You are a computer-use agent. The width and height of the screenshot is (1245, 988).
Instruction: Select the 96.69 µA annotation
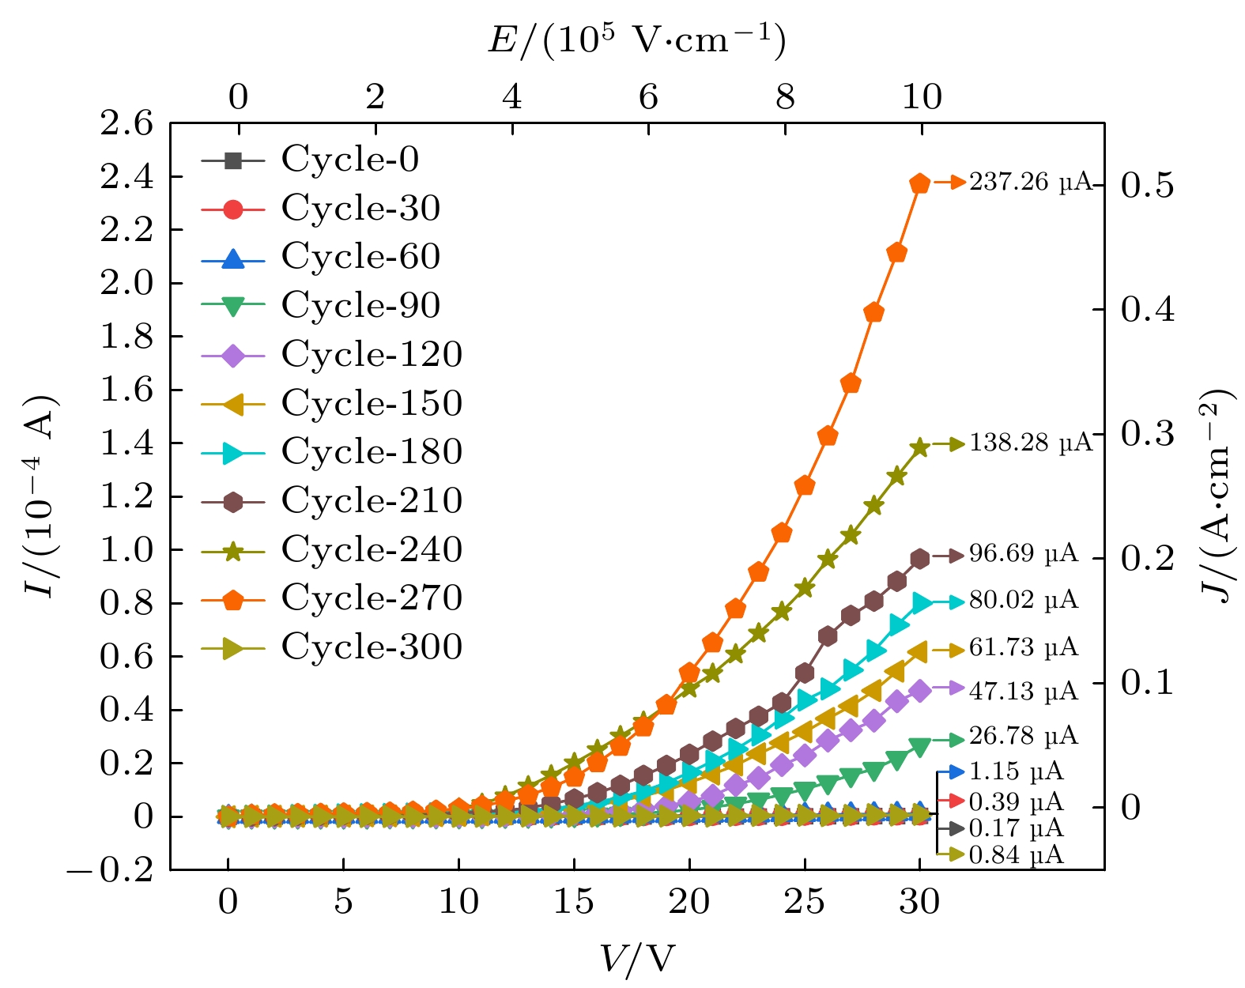click(1023, 553)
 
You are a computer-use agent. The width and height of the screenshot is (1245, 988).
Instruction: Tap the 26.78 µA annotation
click(1023, 736)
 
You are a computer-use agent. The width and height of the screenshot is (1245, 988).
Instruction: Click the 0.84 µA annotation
click(1016, 854)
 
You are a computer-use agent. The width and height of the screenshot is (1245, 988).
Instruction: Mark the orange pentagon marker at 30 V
click(919, 183)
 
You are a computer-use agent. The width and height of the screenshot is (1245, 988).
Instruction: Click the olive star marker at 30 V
click(919, 447)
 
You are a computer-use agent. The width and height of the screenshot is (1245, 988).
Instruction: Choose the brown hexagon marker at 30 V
click(919, 559)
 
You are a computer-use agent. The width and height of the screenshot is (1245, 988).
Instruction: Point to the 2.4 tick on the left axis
click(126, 177)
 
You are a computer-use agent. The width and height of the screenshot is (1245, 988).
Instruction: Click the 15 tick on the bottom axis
click(573, 901)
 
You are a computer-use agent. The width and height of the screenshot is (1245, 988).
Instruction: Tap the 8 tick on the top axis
click(785, 97)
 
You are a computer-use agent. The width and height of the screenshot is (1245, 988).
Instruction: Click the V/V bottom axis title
click(637, 959)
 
